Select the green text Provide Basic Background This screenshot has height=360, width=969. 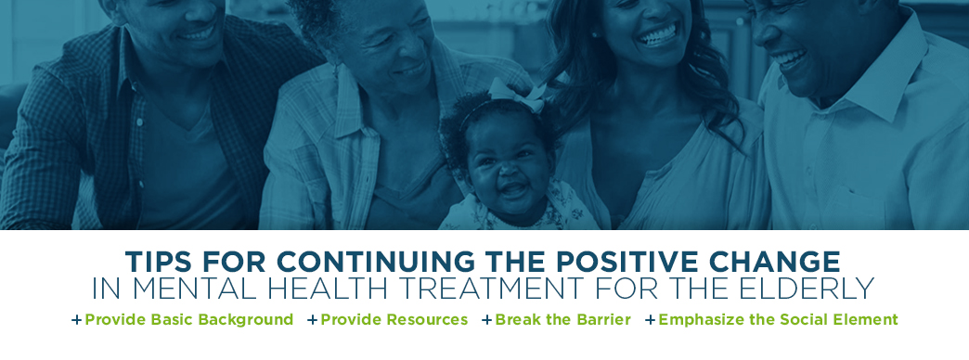click(189, 320)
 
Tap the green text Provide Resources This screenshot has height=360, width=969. click(394, 320)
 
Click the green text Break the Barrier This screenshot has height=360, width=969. click(562, 320)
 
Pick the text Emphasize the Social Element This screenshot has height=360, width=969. click(778, 320)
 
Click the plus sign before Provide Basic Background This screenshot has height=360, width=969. click(77, 320)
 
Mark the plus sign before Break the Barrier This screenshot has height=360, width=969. click(486, 320)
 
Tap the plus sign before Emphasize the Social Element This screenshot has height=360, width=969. click(651, 320)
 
